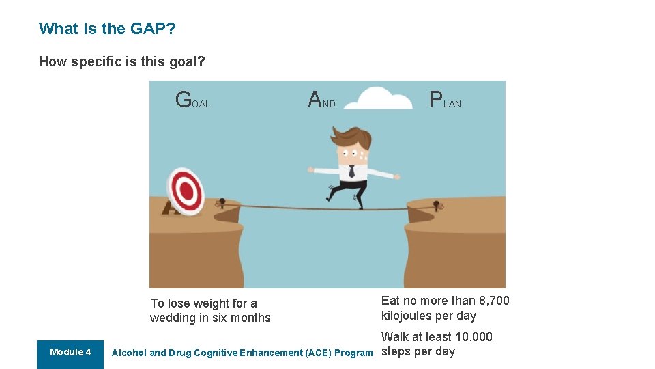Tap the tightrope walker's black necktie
pos(351,171)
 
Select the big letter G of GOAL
pos(184,100)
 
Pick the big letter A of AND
pos(315,100)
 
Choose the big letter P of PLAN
pos(435,100)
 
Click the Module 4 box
pos(70,353)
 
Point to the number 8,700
pos(491,301)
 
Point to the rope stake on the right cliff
pos(437,204)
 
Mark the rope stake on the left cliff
pos(221,202)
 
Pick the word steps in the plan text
pos(396,351)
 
